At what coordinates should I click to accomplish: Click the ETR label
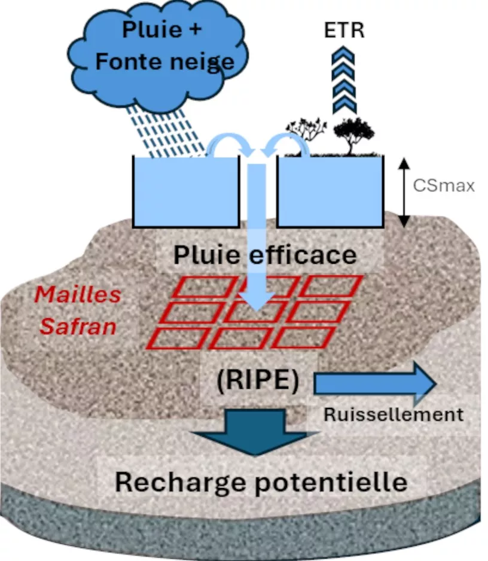[344, 30]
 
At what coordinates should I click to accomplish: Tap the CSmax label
[444, 185]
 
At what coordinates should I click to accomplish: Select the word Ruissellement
[394, 414]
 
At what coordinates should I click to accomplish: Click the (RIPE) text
[258, 380]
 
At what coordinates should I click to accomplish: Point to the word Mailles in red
[78, 295]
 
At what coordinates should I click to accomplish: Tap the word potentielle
[331, 482]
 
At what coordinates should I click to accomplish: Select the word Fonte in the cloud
[129, 61]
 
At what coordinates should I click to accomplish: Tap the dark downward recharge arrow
[255, 432]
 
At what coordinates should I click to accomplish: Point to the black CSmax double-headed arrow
[404, 193]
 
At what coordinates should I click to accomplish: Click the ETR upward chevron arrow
[344, 80]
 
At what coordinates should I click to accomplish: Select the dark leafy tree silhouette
[353, 136]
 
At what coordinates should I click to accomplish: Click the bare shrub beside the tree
[307, 134]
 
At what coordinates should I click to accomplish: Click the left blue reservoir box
[186, 192]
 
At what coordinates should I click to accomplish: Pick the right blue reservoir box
[331, 192]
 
